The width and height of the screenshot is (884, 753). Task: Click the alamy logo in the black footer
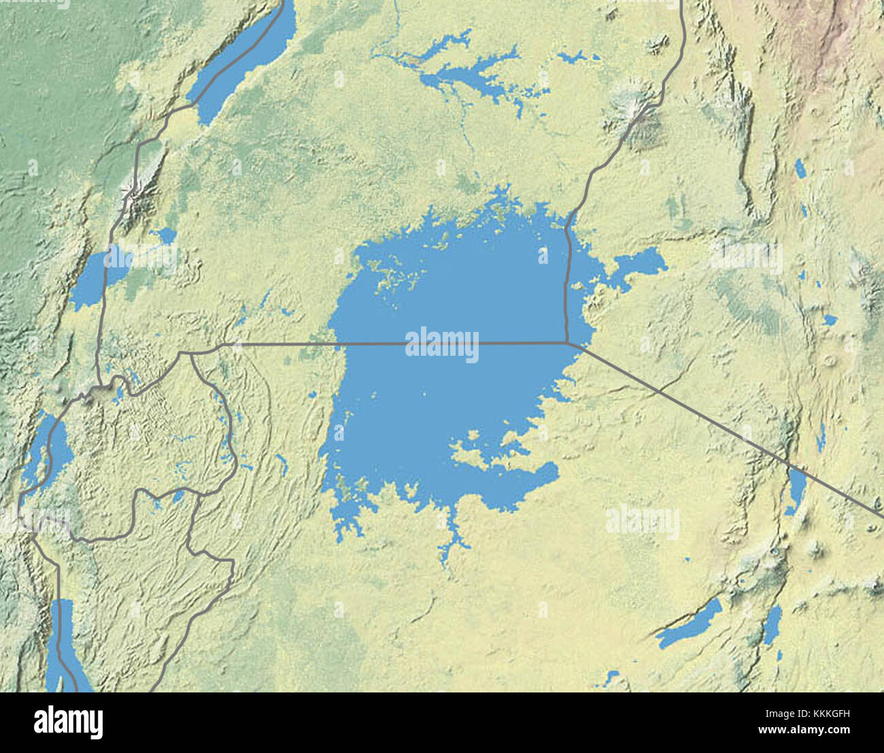tap(68, 722)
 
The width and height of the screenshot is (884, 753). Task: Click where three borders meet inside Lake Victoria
tap(567, 343)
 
